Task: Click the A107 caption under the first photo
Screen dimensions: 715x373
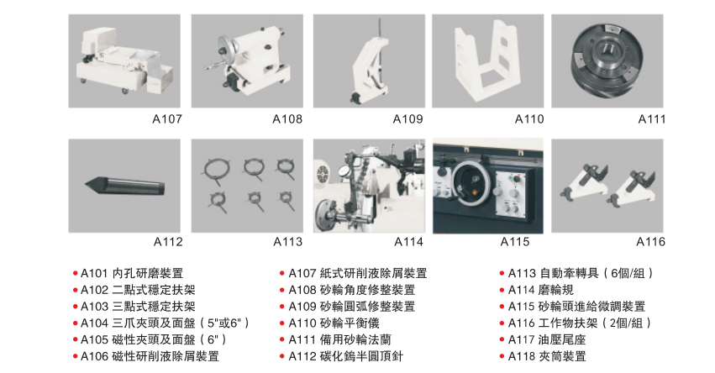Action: [x=167, y=119]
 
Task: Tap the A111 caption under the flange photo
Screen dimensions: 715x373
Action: [x=652, y=119]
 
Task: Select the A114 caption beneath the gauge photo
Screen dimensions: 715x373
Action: [x=408, y=242]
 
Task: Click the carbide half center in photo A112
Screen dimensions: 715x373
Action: [x=125, y=186]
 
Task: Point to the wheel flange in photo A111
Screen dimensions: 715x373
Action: [x=607, y=60]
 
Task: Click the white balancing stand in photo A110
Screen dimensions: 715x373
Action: [x=487, y=60]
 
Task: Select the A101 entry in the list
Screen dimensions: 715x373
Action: [x=132, y=273]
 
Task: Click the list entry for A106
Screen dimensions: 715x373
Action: [x=150, y=356]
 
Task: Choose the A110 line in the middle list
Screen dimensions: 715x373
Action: [x=334, y=323]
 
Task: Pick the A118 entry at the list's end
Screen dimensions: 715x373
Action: [x=547, y=356]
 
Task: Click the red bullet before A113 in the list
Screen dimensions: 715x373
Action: [x=502, y=274]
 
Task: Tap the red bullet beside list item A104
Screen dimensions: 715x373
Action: [x=76, y=323]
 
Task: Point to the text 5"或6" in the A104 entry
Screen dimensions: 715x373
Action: [x=223, y=323]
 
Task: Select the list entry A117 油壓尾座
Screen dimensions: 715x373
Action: [x=547, y=339]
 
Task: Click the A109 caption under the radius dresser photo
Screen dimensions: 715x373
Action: [x=408, y=119]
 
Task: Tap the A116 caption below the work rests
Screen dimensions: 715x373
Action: [x=650, y=242]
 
